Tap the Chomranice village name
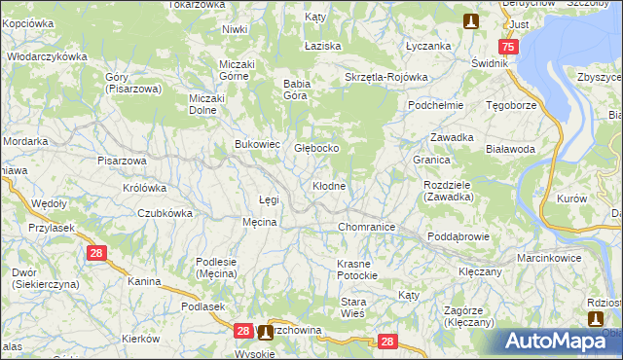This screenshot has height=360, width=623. point(365,227)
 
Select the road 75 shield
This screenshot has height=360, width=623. point(507,47)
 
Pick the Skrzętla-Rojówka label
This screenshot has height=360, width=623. point(386,77)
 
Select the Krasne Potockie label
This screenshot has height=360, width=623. point(362,270)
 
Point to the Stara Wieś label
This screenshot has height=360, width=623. point(352,307)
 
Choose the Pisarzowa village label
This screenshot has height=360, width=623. point(122,161)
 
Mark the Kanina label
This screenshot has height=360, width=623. point(143,281)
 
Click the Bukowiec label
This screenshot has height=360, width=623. point(257,144)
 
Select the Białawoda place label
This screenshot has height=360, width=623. point(510,149)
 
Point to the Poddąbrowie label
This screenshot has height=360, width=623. point(458,236)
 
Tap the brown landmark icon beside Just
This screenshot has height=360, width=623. point(471,19)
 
